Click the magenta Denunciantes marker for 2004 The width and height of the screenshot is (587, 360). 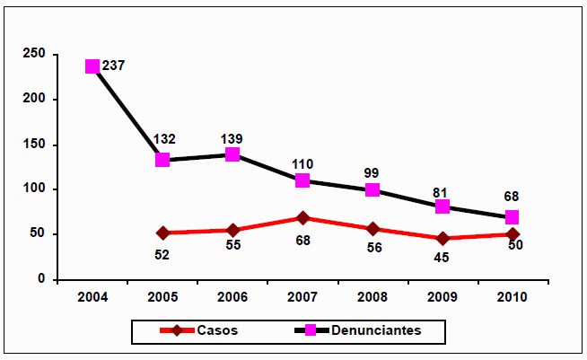tap(92, 66)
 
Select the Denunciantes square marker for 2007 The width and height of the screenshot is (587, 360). tap(302, 180)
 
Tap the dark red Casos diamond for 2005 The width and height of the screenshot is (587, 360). tap(162, 233)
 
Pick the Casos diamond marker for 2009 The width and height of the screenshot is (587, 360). tap(442, 239)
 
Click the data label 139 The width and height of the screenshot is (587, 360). tap(232, 138)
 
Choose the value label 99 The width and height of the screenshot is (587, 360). tap(372, 173)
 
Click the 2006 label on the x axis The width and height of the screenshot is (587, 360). tap(232, 296)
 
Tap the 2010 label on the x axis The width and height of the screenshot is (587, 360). tap(513, 296)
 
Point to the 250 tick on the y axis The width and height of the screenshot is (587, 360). tap(35, 55)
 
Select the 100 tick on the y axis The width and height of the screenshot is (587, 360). tap(35, 189)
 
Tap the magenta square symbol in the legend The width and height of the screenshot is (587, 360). tap(309, 331)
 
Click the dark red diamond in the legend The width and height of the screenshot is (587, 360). tap(180, 331)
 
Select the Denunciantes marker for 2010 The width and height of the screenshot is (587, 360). tap(513, 217)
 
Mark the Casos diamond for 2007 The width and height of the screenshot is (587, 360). tap(302, 218)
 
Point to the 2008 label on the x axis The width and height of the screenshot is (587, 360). tap(372, 296)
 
